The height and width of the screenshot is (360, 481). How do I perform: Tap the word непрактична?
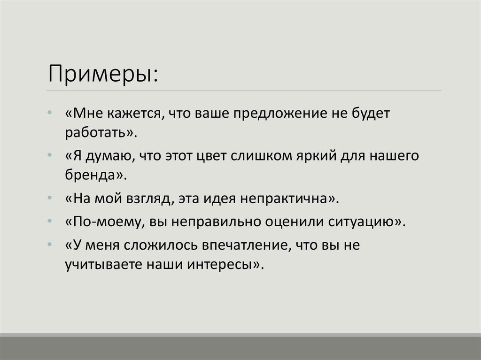(287, 199)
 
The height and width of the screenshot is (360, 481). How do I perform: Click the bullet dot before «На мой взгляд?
(50, 199)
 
